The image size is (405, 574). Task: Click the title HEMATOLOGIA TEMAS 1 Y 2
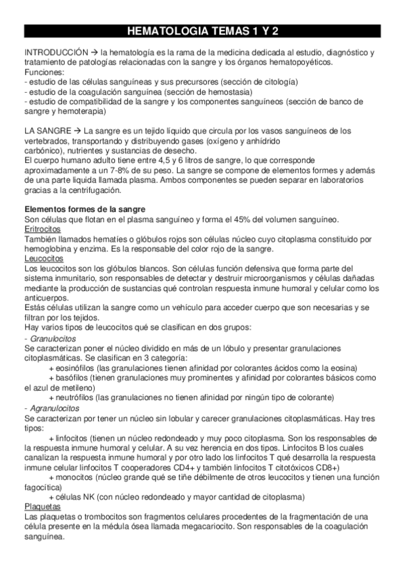[202, 31]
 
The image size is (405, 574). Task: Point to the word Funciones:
[45, 72]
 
